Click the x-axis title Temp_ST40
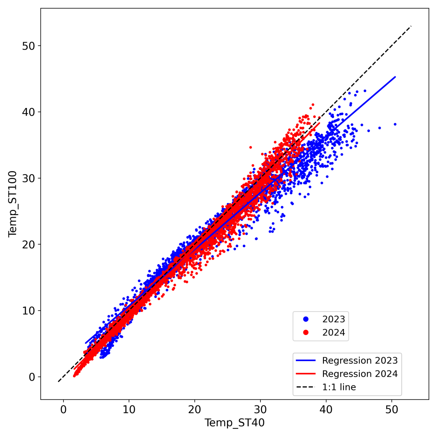(234, 423)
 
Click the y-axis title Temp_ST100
(12, 204)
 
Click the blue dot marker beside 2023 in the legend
(306, 319)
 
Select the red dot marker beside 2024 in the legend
(306, 332)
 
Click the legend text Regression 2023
(360, 360)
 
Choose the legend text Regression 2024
(360, 374)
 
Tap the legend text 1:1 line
(339, 387)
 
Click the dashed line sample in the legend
(306, 387)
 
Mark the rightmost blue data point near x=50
(395, 124)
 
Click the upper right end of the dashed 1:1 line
(411, 26)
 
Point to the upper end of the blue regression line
(395, 77)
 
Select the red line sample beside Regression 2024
(306, 374)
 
